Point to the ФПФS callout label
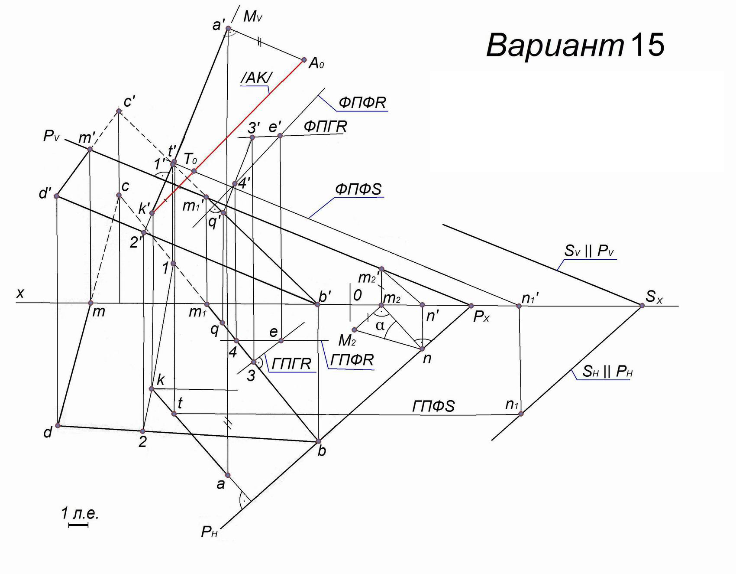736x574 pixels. pyautogui.click(x=358, y=189)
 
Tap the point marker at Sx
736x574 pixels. pyautogui.click(x=642, y=306)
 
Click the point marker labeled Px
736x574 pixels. pyautogui.click(x=471, y=306)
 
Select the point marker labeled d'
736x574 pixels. pyautogui.click(x=56, y=196)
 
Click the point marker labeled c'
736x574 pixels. pyautogui.click(x=119, y=111)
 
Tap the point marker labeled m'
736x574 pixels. pyautogui.click(x=90, y=149)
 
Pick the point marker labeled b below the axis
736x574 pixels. pyautogui.click(x=319, y=441)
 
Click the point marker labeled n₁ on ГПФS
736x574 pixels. pyautogui.click(x=521, y=414)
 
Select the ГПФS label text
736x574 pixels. pyautogui.click(x=433, y=406)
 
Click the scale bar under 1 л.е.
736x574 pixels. pyautogui.click(x=78, y=525)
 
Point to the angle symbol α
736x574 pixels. pyautogui.click(x=380, y=326)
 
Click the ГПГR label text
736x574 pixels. pyautogui.click(x=292, y=364)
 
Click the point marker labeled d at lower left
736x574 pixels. pyautogui.click(x=58, y=425)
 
